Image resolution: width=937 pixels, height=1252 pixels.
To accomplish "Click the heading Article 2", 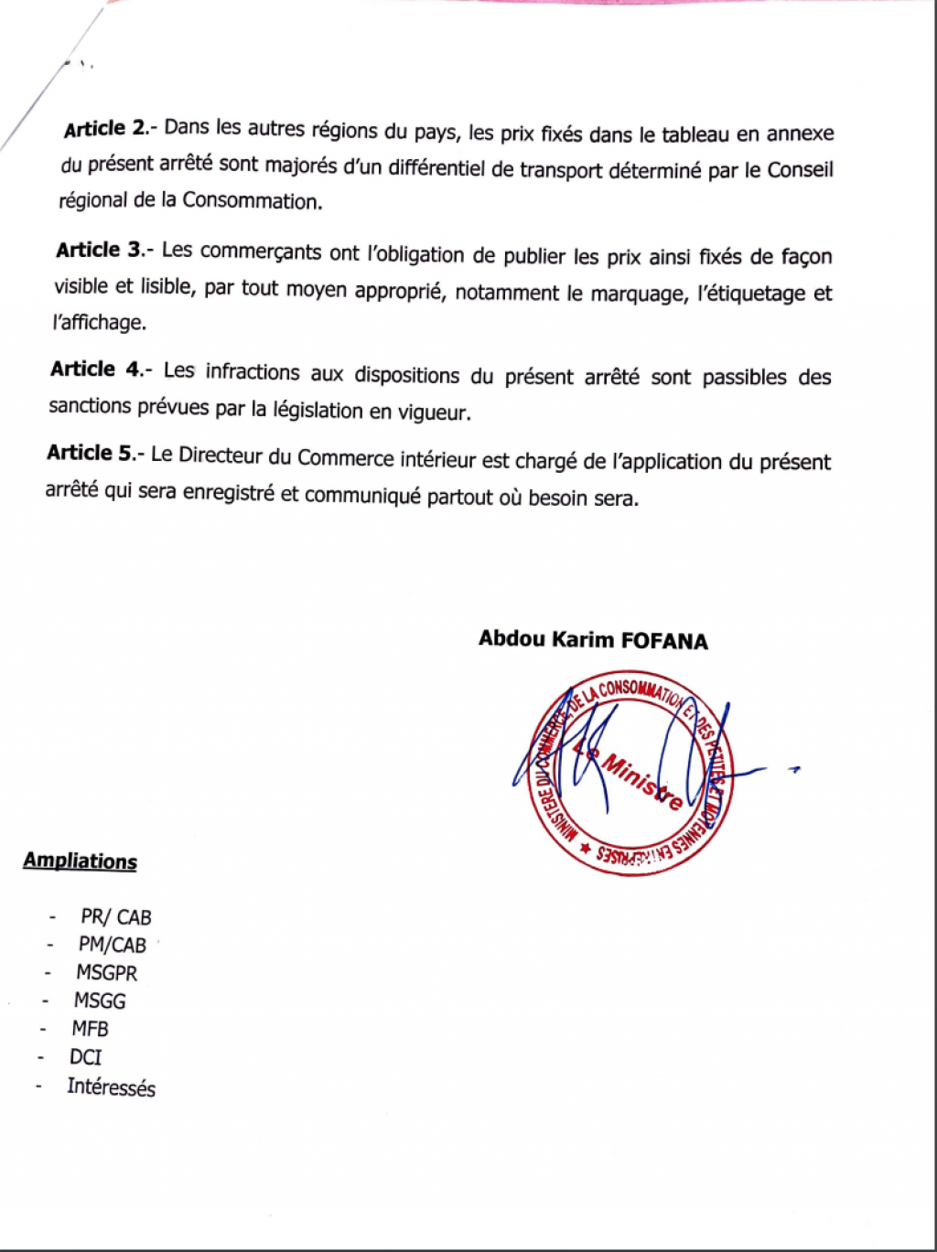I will click(x=105, y=129).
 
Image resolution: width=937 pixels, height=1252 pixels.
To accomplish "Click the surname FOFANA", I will click(x=664, y=640).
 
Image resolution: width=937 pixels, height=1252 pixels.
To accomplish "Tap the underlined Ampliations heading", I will click(x=81, y=861).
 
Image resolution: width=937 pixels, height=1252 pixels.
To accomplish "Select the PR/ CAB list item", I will click(x=115, y=916).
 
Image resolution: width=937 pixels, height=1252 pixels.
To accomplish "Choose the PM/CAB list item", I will click(x=112, y=945).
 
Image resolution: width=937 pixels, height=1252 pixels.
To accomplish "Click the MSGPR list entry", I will click(x=106, y=972).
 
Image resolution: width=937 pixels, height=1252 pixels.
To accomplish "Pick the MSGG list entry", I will click(x=100, y=1001).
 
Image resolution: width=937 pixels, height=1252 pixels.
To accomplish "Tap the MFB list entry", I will click(x=90, y=1029).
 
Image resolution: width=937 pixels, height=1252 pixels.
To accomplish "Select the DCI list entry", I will click(x=85, y=1057).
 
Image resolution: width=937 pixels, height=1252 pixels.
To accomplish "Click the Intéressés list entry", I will click(x=111, y=1087).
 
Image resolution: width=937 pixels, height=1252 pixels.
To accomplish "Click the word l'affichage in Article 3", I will click(x=99, y=323).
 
